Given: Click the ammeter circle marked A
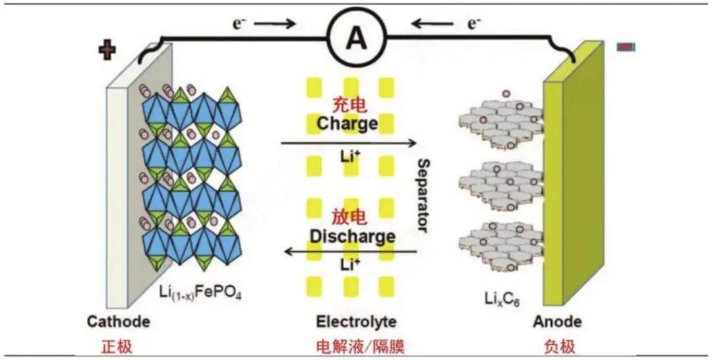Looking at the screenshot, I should point(356,40).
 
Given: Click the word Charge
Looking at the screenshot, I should point(347,123).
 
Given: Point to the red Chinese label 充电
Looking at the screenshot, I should point(347,106).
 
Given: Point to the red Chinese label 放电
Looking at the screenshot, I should point(347,218).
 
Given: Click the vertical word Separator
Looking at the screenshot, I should point(423,195).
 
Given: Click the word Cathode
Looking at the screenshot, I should point(119,322).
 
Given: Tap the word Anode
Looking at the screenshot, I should point(558,322).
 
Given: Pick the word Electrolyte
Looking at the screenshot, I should point(356,322).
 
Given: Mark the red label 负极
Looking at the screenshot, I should point(558,345).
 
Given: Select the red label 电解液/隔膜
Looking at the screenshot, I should point(357,345).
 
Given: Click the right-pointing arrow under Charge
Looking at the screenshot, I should point(349,143).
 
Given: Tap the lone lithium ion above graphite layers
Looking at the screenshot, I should point(506,94).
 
